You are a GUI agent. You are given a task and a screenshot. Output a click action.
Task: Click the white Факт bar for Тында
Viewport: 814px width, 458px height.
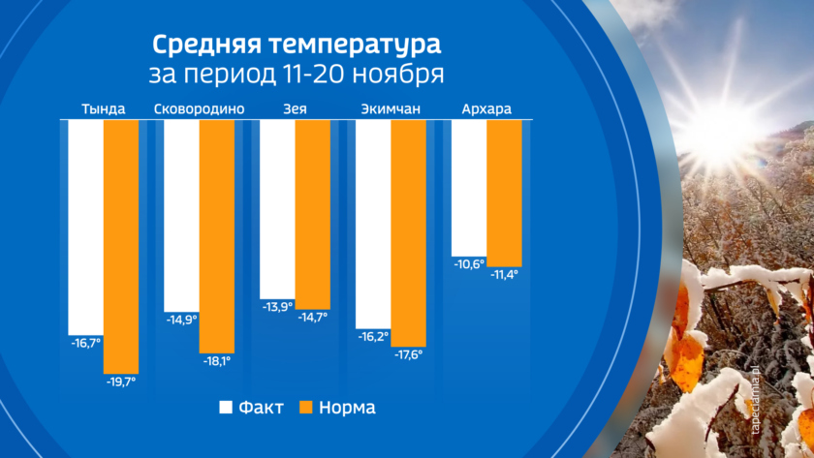[x=85, y=226]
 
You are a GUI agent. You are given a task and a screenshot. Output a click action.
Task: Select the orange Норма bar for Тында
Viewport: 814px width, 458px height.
[x=121, y=246]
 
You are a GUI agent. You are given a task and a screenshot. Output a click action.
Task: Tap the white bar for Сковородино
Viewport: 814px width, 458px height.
[x=181, y=214]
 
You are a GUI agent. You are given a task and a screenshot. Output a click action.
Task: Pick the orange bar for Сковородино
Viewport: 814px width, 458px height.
[x=217, y=235]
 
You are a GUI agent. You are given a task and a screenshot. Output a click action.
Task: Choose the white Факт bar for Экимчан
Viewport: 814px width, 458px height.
[x=373, y=224]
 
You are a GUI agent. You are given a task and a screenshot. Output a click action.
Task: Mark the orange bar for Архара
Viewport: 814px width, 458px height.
[x=504, y=193]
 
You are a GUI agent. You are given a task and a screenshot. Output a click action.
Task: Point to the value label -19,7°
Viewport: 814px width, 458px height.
[x=121, y=382]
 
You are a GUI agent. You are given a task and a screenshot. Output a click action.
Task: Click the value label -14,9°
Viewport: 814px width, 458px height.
[x=181, y=319]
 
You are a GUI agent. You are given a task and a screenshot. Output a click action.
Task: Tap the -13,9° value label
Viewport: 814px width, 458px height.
[x=277, y=307]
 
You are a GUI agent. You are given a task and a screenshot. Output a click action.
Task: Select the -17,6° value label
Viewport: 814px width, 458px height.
[x=409, y=354]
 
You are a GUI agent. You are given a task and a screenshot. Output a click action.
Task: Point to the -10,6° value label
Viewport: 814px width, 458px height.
[x=469, y=263]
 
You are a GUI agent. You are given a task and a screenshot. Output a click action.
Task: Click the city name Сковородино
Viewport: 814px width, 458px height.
[x=199, y=108]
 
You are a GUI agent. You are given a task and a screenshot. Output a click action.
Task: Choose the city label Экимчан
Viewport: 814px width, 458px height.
[x=391, y=108]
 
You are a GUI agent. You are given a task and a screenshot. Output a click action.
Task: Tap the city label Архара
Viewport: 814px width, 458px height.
[x=486, y=108]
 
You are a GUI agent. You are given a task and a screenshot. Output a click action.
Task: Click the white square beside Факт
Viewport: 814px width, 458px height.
[x=228, y=407]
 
